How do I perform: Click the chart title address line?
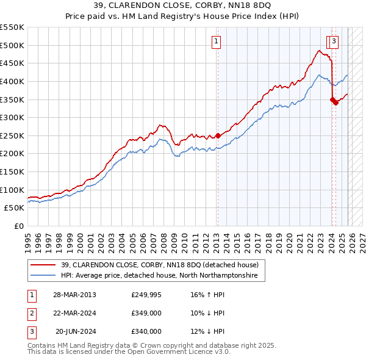point(183,7)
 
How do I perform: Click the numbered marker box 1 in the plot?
point(217,41)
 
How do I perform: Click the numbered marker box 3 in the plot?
point(335,41)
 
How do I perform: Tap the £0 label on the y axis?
point(20,226)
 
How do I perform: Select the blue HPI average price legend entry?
point(159,276)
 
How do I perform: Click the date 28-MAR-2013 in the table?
point(74,295)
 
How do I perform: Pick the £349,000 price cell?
point(146,313)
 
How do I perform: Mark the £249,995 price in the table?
point(146,295)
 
